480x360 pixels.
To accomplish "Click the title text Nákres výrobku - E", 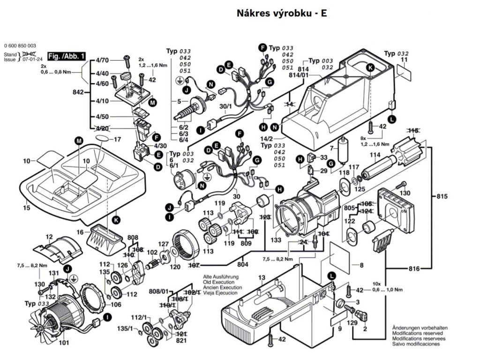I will (282, 13).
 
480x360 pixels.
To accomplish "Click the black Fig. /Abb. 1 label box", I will (67, 56).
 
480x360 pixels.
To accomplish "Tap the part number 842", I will (78, 92).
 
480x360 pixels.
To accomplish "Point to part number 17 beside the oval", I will (117, 139).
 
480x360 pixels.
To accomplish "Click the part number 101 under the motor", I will (64, 343).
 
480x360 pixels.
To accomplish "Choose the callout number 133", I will (276, 240).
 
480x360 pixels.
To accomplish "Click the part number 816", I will (414, 269).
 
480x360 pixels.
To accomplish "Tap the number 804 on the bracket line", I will (243, 265).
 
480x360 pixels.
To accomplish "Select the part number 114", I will (375, 155).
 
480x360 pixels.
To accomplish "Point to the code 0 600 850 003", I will (20, 45).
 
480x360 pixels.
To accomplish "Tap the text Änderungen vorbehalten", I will (420, 328).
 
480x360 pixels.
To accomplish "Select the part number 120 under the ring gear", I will (175, 267).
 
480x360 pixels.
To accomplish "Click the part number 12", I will (50, 237).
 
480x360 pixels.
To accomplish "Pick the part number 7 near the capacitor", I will (331, 148).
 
